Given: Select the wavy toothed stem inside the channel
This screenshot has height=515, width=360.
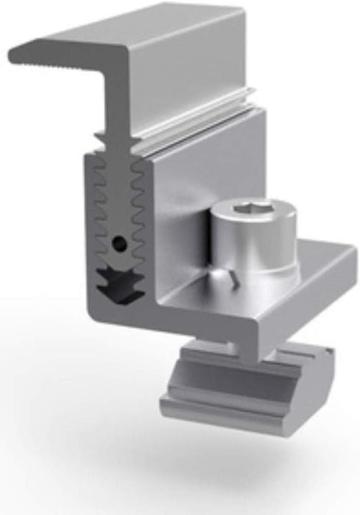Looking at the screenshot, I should pos(119,203).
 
